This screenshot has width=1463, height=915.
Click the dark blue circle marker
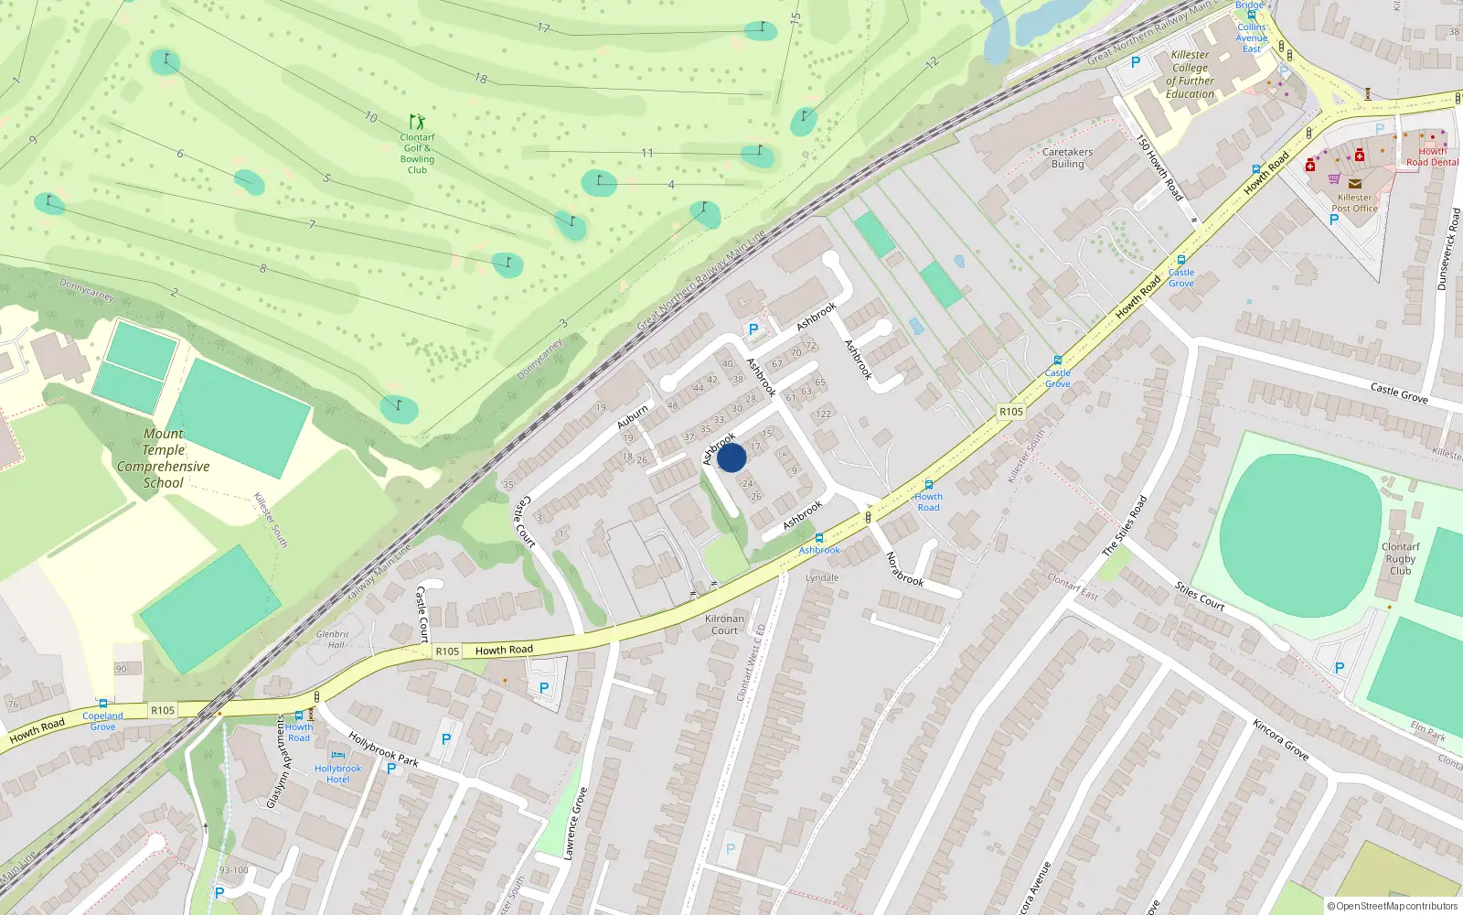[731, 457]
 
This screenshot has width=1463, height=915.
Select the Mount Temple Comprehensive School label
[164, 458]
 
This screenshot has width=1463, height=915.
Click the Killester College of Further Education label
[1190, 74]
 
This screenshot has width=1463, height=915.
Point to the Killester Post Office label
[1354, 202]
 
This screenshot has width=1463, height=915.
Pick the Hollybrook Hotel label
[337, 774]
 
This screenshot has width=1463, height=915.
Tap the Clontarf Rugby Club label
[1400, 558]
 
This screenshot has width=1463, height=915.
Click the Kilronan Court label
[724, 624]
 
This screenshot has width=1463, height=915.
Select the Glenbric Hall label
[334, 639]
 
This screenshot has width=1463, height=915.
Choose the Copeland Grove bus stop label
[102, 721]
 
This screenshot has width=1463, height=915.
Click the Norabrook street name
[904, 569]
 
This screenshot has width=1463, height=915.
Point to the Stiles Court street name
[1200, 596]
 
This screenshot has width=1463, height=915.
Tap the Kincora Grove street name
[1280, 739]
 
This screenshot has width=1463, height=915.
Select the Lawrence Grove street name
[575, 823]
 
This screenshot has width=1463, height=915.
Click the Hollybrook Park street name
[383, 749]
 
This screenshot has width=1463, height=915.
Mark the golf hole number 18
[481, 79]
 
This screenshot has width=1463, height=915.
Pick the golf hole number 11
[647, 153]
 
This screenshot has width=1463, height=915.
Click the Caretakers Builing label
[1067, 158]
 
